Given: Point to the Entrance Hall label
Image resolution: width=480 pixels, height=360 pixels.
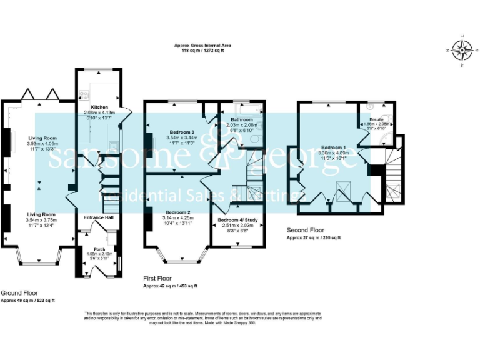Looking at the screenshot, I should coord(99,217).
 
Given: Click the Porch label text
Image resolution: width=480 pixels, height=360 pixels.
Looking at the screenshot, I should coord(99,248).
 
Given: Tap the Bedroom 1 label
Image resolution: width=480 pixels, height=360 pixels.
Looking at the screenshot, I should coord(332,147).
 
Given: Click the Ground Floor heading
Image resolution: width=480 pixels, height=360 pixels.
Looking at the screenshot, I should coord(19,292).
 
